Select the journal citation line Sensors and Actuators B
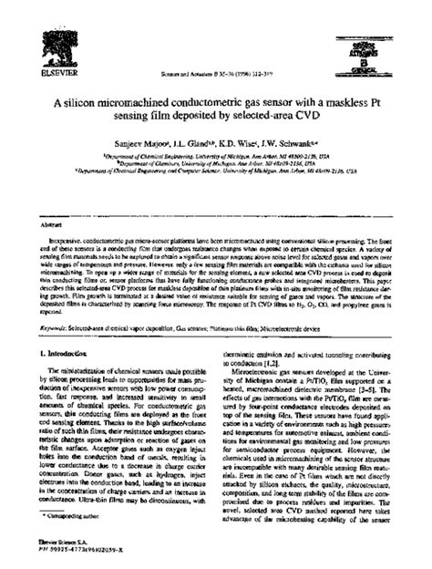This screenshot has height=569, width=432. click(215, 76)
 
